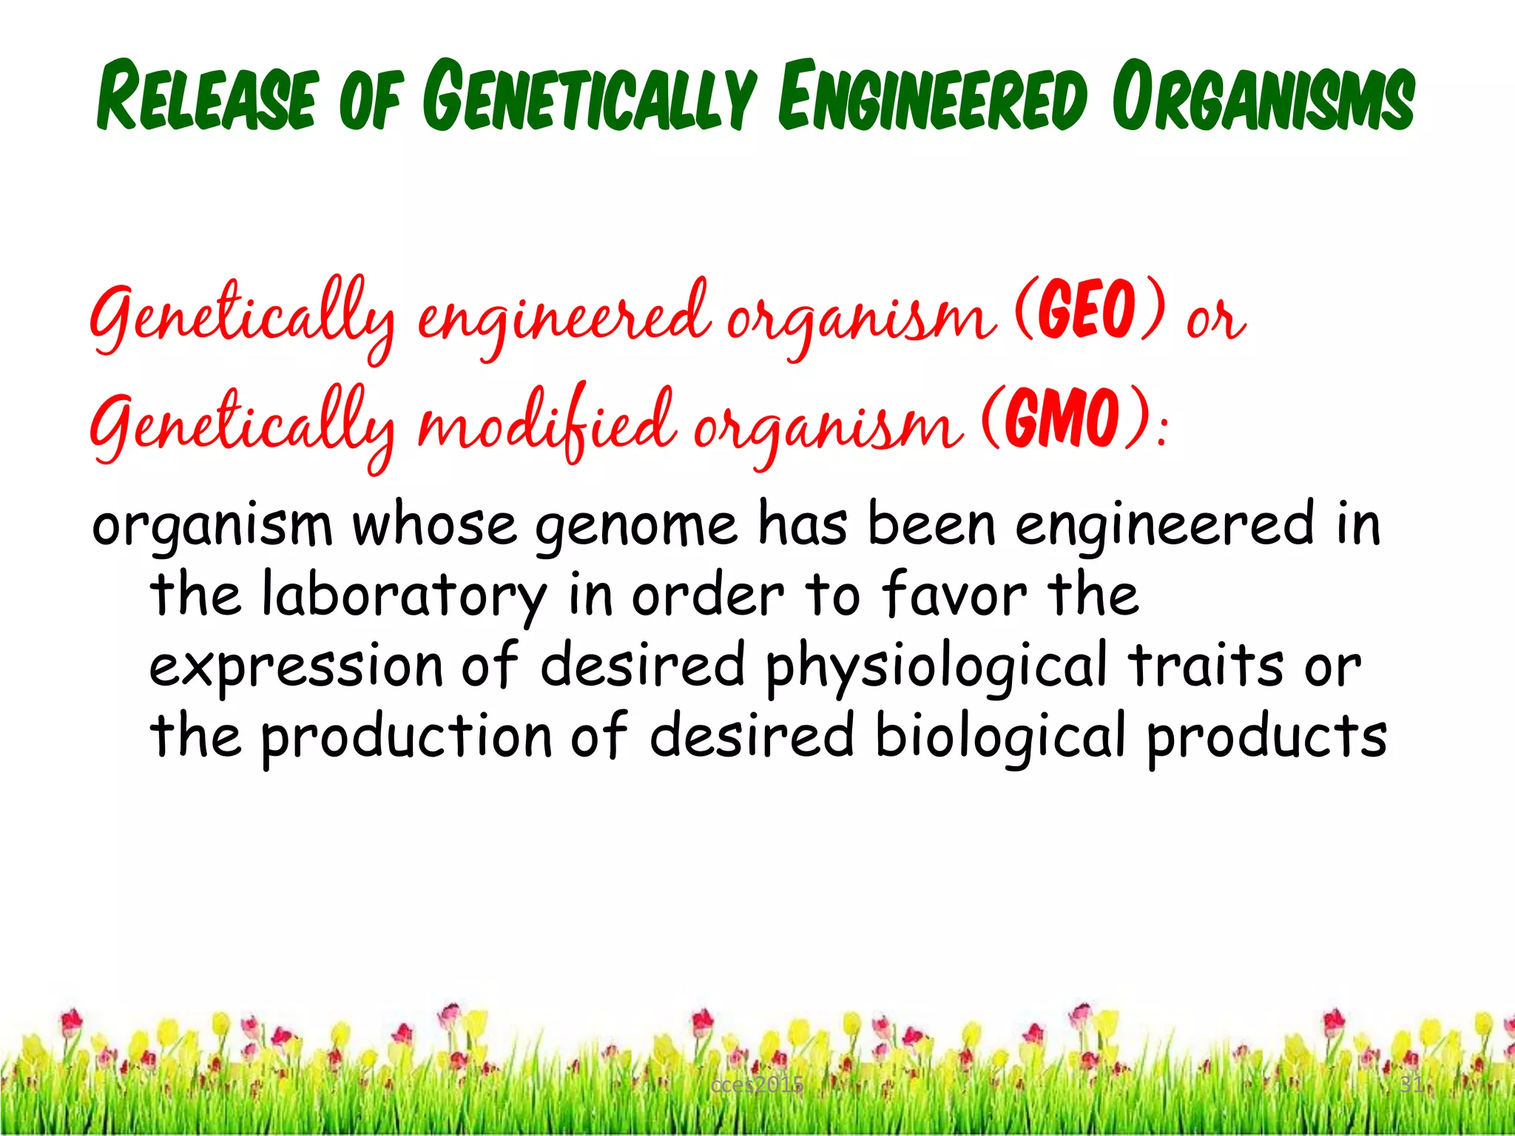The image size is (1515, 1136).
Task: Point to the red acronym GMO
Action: pyautogui.click(x=1066, y=419)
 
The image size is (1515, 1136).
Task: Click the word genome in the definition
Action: pyautogui.click(x=636, y=527)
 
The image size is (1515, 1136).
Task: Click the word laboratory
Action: pyautogui.click(x=404, y=595)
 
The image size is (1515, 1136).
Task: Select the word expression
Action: pyautogui.click(x=296, y=666)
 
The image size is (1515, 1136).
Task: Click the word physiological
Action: pyautogui.click(x=937, y=666)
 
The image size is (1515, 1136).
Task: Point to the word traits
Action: pyautogui.click(x=1206, y=665)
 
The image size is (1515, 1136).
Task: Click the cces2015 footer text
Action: pyautogui.click(x=756, y=1085)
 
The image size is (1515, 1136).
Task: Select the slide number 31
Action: pyautogui.click(x=1411, y=1084)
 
